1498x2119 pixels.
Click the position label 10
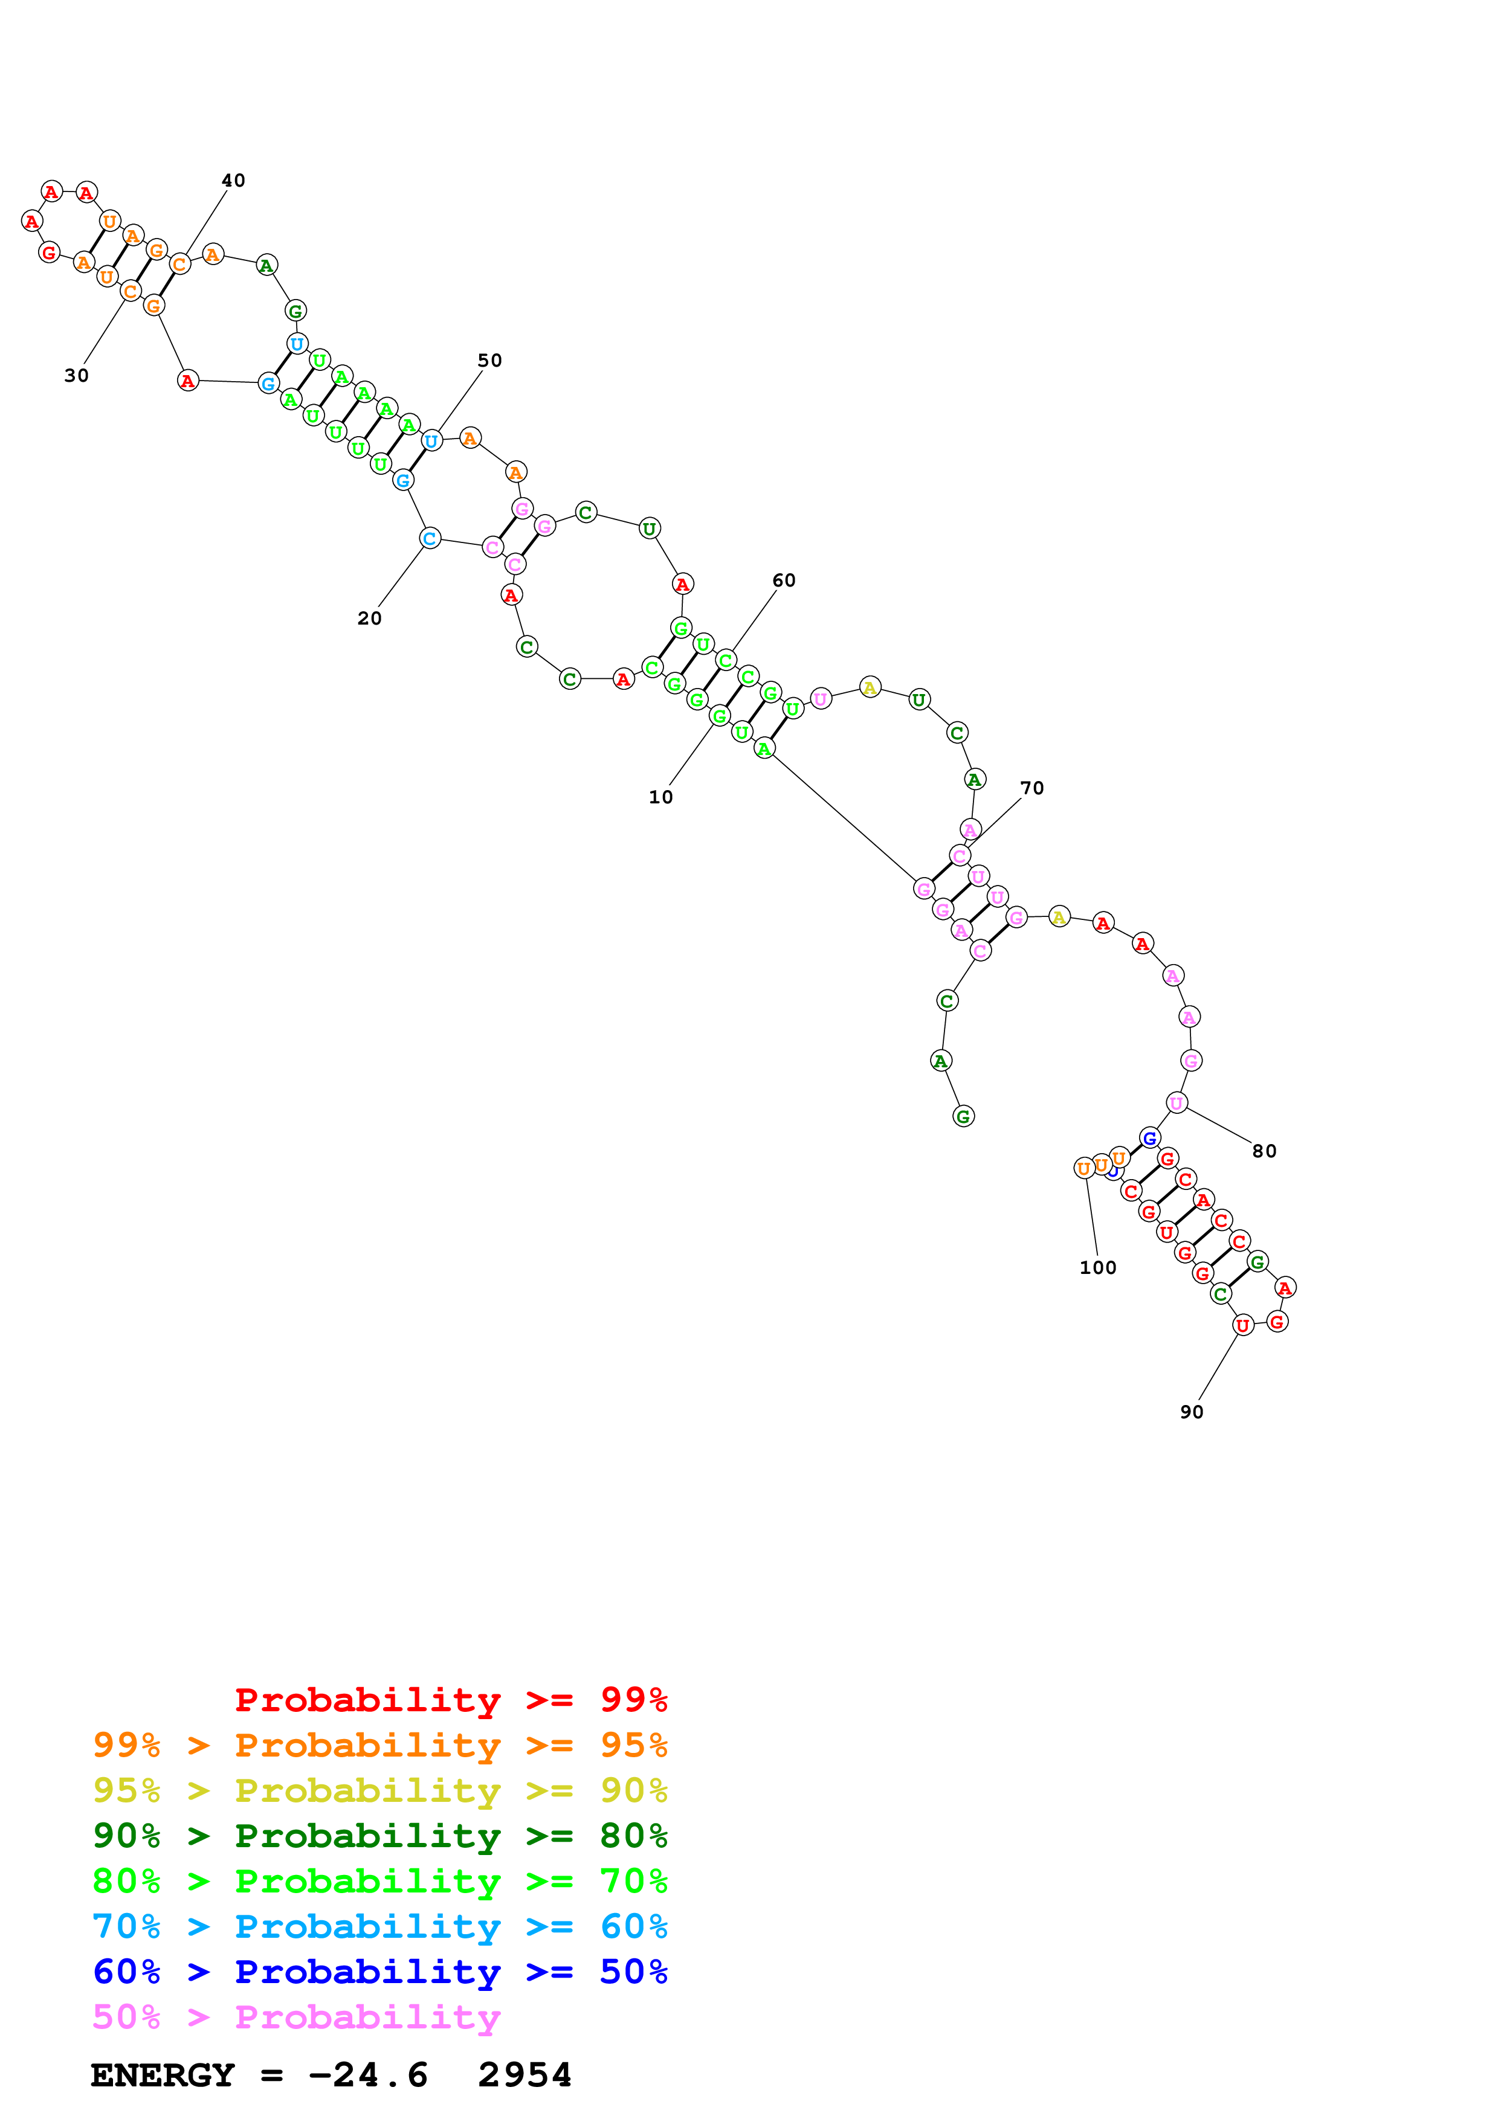coord(661,797)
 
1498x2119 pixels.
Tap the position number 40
coord(233,181)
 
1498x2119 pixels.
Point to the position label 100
coord(1097,1268)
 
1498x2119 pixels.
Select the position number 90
coord(1192,1412)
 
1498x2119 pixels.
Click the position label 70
coord(1032,788)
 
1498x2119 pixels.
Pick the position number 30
coord(77,376)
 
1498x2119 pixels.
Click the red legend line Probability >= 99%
coord(450,1700)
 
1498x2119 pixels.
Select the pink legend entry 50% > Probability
coord(296,2018)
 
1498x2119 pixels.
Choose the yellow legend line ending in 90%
coord(379,1790)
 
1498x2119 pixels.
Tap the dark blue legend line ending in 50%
coord(379,1972)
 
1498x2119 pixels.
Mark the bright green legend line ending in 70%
coord(379,1881)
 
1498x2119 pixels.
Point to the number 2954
coord(525,2076)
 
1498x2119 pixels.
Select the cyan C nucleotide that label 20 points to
coord(429,538)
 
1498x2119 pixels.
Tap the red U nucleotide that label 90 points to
coord(1242,1325)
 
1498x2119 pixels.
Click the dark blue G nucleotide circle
coord(1149,1138)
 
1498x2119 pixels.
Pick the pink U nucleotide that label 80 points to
coord(1176,1103)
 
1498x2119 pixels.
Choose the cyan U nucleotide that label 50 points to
coord(431,441)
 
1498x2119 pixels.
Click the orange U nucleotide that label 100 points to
coord(1085,1168)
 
